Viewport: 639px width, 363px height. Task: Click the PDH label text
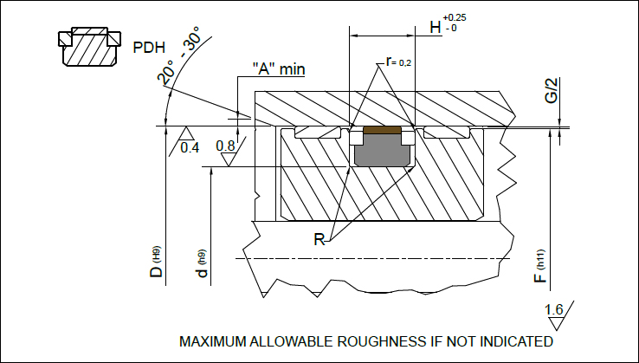148,48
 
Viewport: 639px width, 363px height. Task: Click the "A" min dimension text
278,68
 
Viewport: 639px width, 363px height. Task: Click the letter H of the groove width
436,28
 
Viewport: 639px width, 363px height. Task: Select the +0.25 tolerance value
455,18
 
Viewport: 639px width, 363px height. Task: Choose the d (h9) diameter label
202,264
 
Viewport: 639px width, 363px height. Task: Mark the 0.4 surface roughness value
190,147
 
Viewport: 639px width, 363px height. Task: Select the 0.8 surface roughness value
226,146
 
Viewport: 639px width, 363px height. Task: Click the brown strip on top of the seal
382,130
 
